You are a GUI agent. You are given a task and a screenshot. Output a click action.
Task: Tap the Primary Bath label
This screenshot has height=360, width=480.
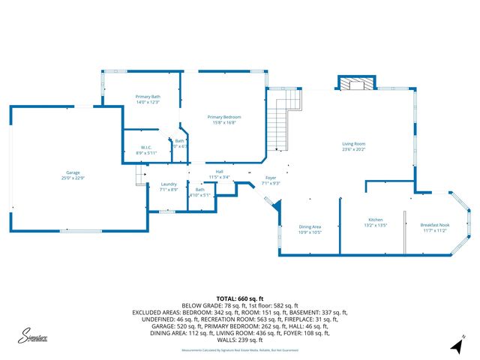(148, 97)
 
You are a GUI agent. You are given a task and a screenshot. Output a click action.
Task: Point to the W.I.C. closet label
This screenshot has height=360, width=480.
(147, 147)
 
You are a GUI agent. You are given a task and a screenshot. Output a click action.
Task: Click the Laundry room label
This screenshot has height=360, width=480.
(169, 184)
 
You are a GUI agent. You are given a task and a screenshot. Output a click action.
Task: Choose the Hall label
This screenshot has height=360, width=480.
(220, 172)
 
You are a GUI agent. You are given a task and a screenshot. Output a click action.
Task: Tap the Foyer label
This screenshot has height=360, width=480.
(270, 178)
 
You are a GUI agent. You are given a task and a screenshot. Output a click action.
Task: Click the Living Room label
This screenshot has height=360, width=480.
(353, 143)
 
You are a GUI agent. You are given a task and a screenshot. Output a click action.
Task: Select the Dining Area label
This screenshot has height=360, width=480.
(310, 226)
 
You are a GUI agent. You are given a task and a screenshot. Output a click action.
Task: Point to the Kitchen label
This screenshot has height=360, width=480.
(375, 220)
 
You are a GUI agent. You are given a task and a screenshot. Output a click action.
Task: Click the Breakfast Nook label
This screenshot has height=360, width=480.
(433, 225)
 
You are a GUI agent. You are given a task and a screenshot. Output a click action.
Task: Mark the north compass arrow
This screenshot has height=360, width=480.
(456, 345)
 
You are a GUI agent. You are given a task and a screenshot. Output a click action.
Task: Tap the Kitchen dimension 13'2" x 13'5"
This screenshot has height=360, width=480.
(375, 225)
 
